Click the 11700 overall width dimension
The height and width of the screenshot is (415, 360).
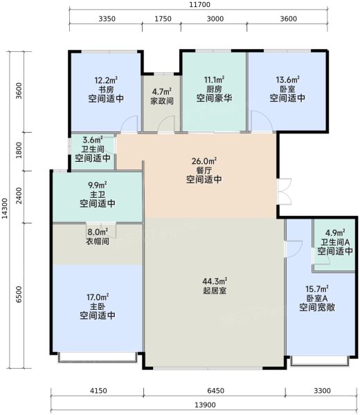click(x=200, y=5)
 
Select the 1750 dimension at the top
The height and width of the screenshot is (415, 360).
click(x=163, y=19)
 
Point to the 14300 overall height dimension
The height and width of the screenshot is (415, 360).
click(x=5, y=208)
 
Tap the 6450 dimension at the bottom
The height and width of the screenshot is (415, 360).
click(x=216, y=391)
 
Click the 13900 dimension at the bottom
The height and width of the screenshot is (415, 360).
click(x=206, y=405)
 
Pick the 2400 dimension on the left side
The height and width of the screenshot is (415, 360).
click(x=19, y=196)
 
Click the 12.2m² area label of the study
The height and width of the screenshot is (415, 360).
click(x=106, y=80)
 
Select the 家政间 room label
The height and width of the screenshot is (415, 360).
click(x=162, y=101)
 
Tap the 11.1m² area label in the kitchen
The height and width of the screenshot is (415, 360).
click(x=214, y=80)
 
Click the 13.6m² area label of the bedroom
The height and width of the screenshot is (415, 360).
click(x=287, y=80)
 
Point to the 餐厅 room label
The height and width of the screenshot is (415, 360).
click(x=204, y=170)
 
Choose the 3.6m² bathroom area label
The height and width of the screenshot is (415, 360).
click(x=93, y=140)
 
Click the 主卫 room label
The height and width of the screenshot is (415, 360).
click(x=98, y=194)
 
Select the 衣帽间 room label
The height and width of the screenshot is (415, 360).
click(x=98, y=241)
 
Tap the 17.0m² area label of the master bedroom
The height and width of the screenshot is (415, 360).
click(x=98, y=297)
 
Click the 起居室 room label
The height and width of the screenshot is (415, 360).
click(x=215, y=290)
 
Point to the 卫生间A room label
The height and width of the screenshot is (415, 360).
click(x=335, y=242)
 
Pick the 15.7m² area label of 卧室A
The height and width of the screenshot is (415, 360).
click(x=317, y=288)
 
